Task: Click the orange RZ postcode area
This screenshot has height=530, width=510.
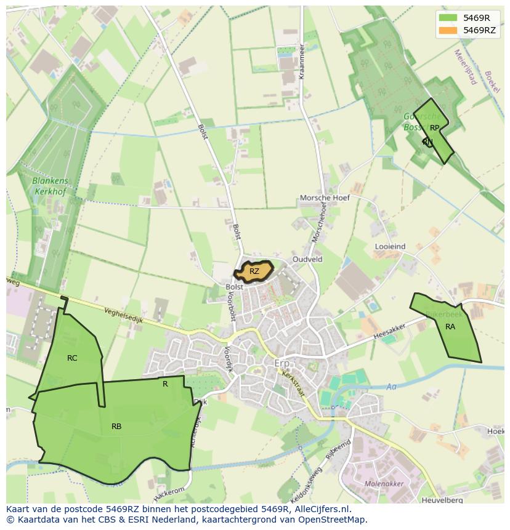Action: click(x=254, y=271)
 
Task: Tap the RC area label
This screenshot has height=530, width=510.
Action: click(x=72, y=358)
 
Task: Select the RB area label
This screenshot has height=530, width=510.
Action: click(x=116, y=426)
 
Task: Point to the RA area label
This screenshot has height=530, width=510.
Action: click(x=450, y=327)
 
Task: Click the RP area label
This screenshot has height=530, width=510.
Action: click(x=435, y=128)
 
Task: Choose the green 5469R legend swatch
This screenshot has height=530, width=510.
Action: click(x=448, y=18)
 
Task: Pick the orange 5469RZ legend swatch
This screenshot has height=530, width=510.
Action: click(x=448, y=30)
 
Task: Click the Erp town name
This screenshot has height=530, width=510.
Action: click(x=282, y=364)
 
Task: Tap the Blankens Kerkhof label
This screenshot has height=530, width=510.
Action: click(x=51, y=187)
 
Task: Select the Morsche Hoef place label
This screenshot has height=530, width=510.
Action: click(x=325, y=198)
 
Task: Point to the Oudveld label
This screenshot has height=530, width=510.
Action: click(x=307, y=260)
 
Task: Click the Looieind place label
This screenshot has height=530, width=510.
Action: click(x=390, y=246)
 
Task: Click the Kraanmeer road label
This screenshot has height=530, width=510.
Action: click(x=302, y=61)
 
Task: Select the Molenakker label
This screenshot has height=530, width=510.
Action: click(x=384, y=484)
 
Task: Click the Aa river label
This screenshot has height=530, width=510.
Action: click(x=391, y=387)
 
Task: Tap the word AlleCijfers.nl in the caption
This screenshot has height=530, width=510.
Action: click(x=323, y=510)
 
